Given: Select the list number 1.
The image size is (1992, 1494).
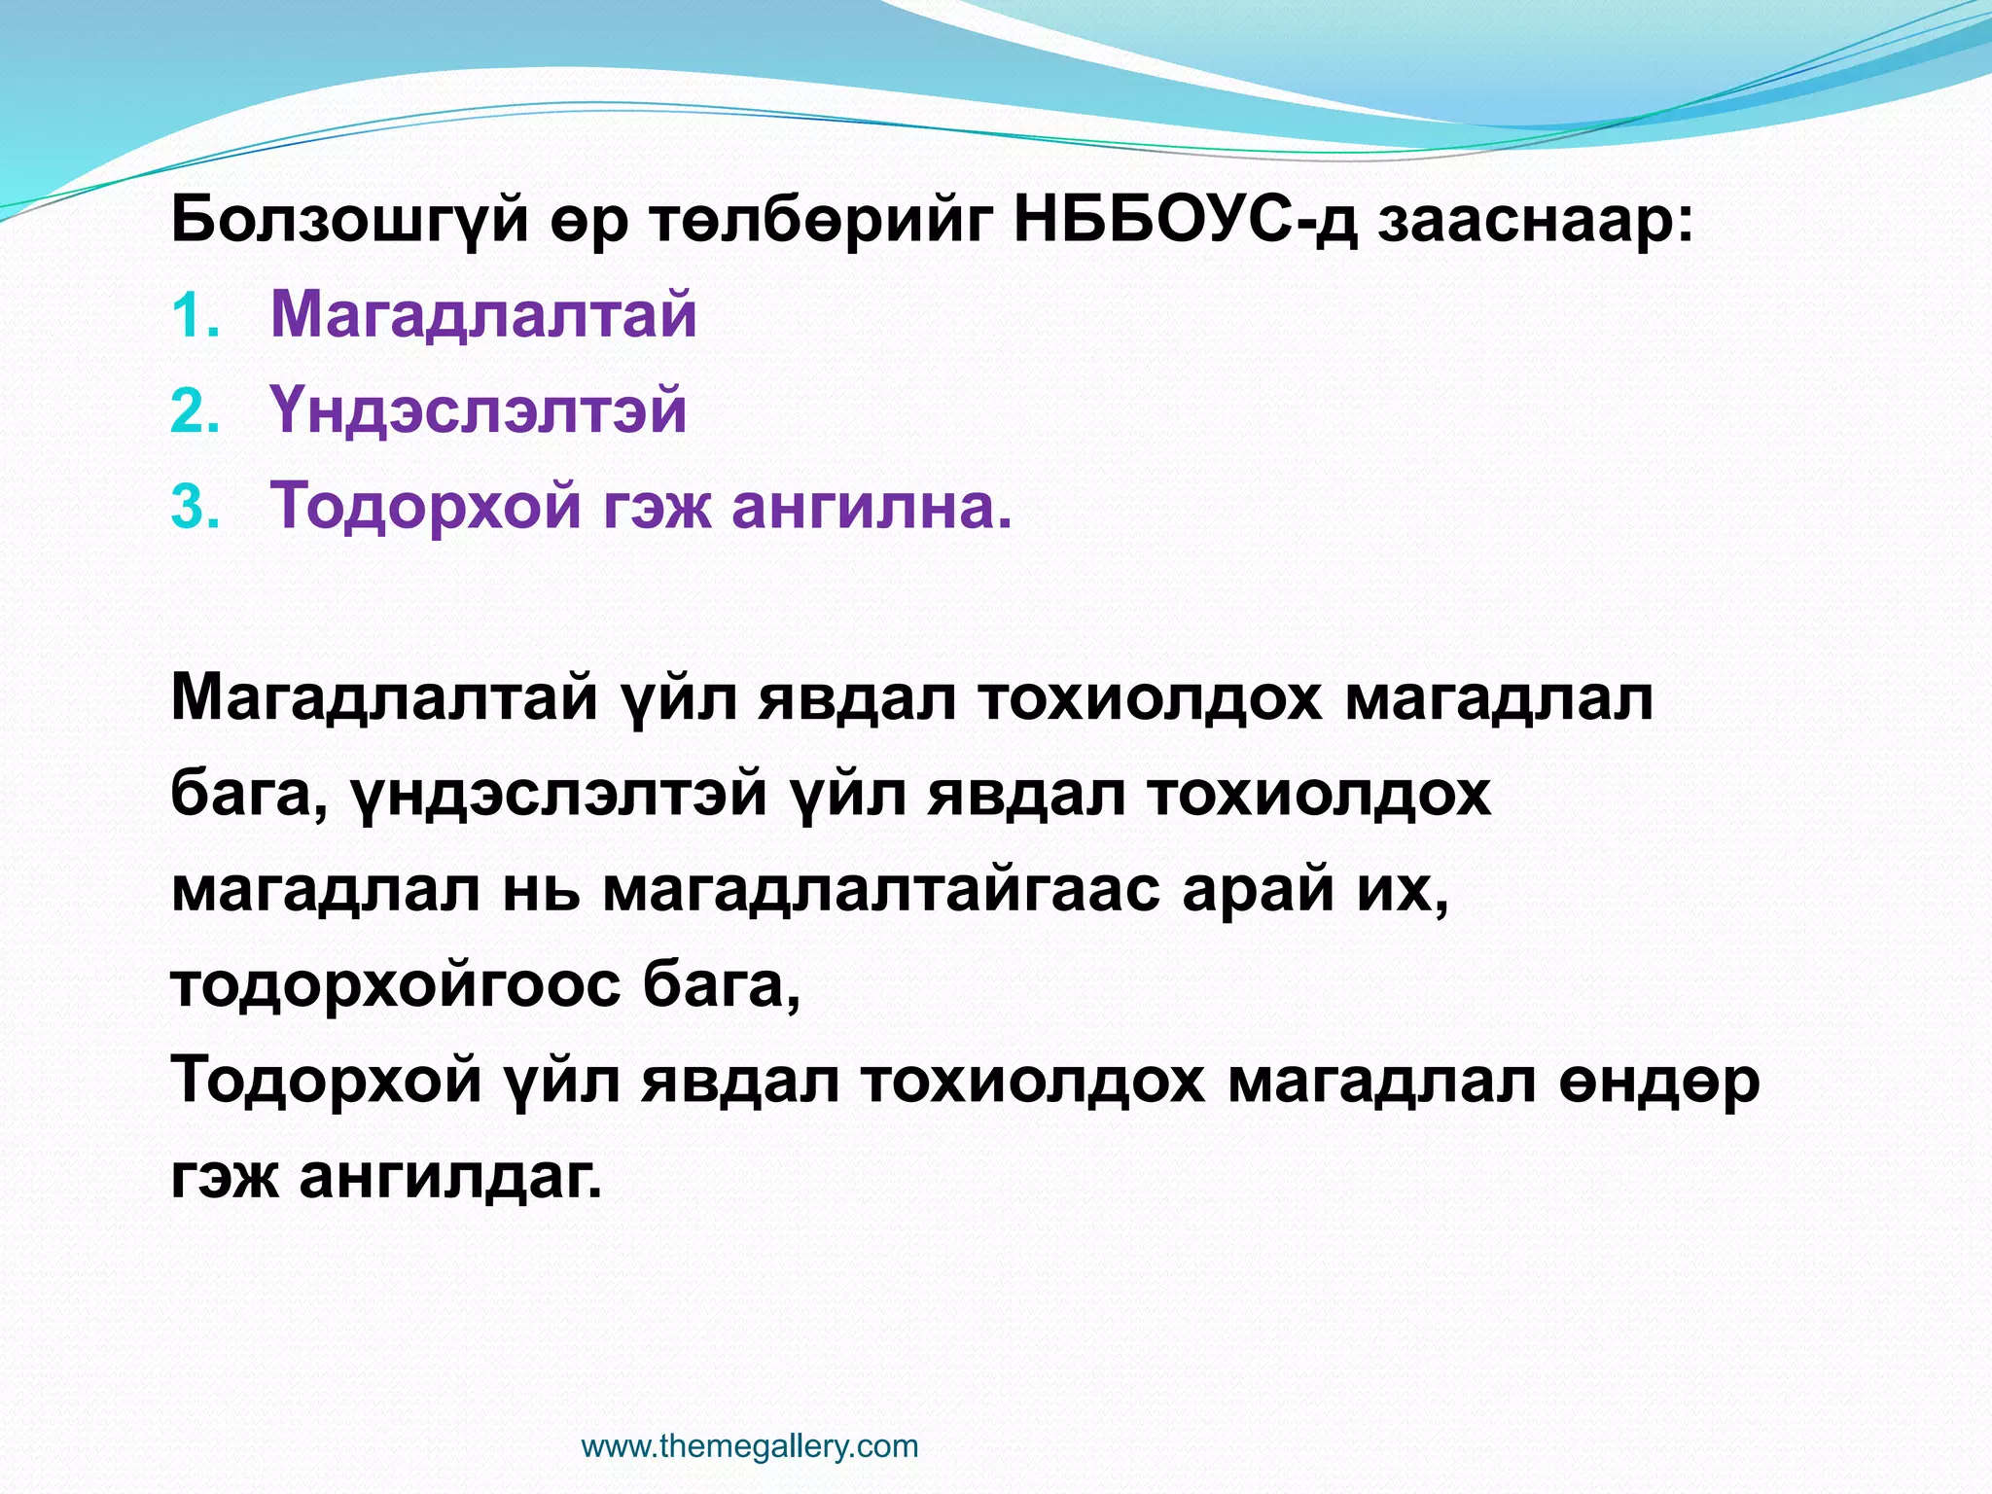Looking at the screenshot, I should (x=194, y=317).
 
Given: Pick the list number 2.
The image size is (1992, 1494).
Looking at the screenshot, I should (x=194, y=412).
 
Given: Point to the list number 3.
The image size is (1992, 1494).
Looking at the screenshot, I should (x=194, y=508).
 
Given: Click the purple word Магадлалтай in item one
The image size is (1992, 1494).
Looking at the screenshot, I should (x=483, y=315).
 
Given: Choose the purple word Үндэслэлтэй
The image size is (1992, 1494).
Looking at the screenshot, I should (x=478, y=410).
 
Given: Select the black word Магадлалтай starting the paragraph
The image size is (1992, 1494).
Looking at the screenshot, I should (x=383, y=698).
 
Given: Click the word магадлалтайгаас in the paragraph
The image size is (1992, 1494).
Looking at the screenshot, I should (x=881, y=890).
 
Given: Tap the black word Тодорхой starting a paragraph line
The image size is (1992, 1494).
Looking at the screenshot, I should (x=326, y=1081).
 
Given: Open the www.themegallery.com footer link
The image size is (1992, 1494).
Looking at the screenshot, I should (x=749, y=1446).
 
